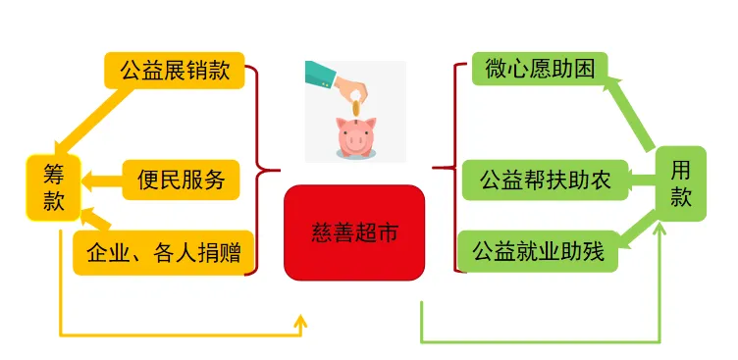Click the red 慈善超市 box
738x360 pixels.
[x=353, y=231]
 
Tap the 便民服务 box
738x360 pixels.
[x=181, y=180]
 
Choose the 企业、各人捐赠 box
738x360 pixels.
[x=165, y=254]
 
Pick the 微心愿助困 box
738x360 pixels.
[x=539, y=68]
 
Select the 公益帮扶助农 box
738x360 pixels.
[x=545, y=180]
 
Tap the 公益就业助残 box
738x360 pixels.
[x=538, y=253]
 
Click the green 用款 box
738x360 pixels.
[x=680, y=183]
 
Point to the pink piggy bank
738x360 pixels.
[x=354, y=137]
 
